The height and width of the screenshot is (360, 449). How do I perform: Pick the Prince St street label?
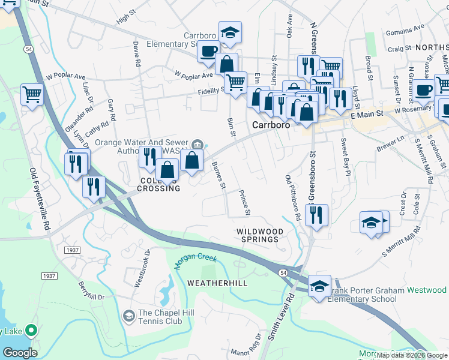(244, 202)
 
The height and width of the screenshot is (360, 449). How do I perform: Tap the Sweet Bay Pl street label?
(345, 157)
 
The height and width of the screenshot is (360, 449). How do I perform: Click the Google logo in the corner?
(20, 352)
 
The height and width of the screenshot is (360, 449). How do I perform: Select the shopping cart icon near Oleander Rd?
(32, 94)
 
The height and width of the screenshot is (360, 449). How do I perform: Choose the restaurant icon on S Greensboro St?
(316, 214)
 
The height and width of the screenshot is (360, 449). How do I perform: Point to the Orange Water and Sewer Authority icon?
(199, 144)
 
